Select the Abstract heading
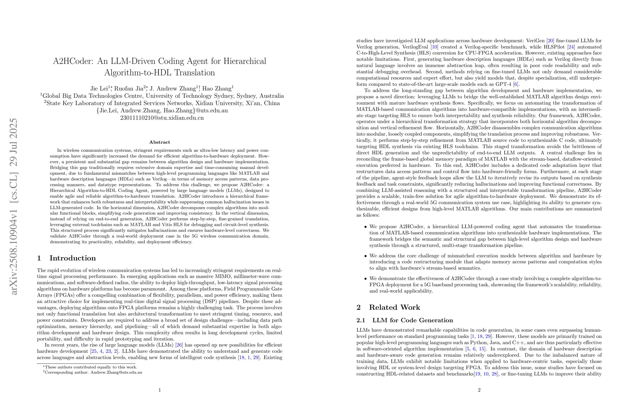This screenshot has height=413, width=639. coord(159,142)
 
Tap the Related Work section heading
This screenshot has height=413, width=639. coord(394,307)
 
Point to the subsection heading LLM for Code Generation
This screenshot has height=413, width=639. coord(412,320)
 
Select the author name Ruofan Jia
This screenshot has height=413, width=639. coord(129,88)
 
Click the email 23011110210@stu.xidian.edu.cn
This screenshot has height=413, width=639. coord(162,118)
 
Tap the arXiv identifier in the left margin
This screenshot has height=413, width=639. coord(14,207)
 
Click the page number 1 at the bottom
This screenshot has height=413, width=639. coord(159,390)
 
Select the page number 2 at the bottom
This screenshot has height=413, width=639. coord(479,390)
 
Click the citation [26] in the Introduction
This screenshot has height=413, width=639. coord(179,345)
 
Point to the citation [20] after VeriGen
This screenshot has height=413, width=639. coord(551,41)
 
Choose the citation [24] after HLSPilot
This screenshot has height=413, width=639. coord(571,47)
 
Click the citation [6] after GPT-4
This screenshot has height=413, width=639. coord(516,84)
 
